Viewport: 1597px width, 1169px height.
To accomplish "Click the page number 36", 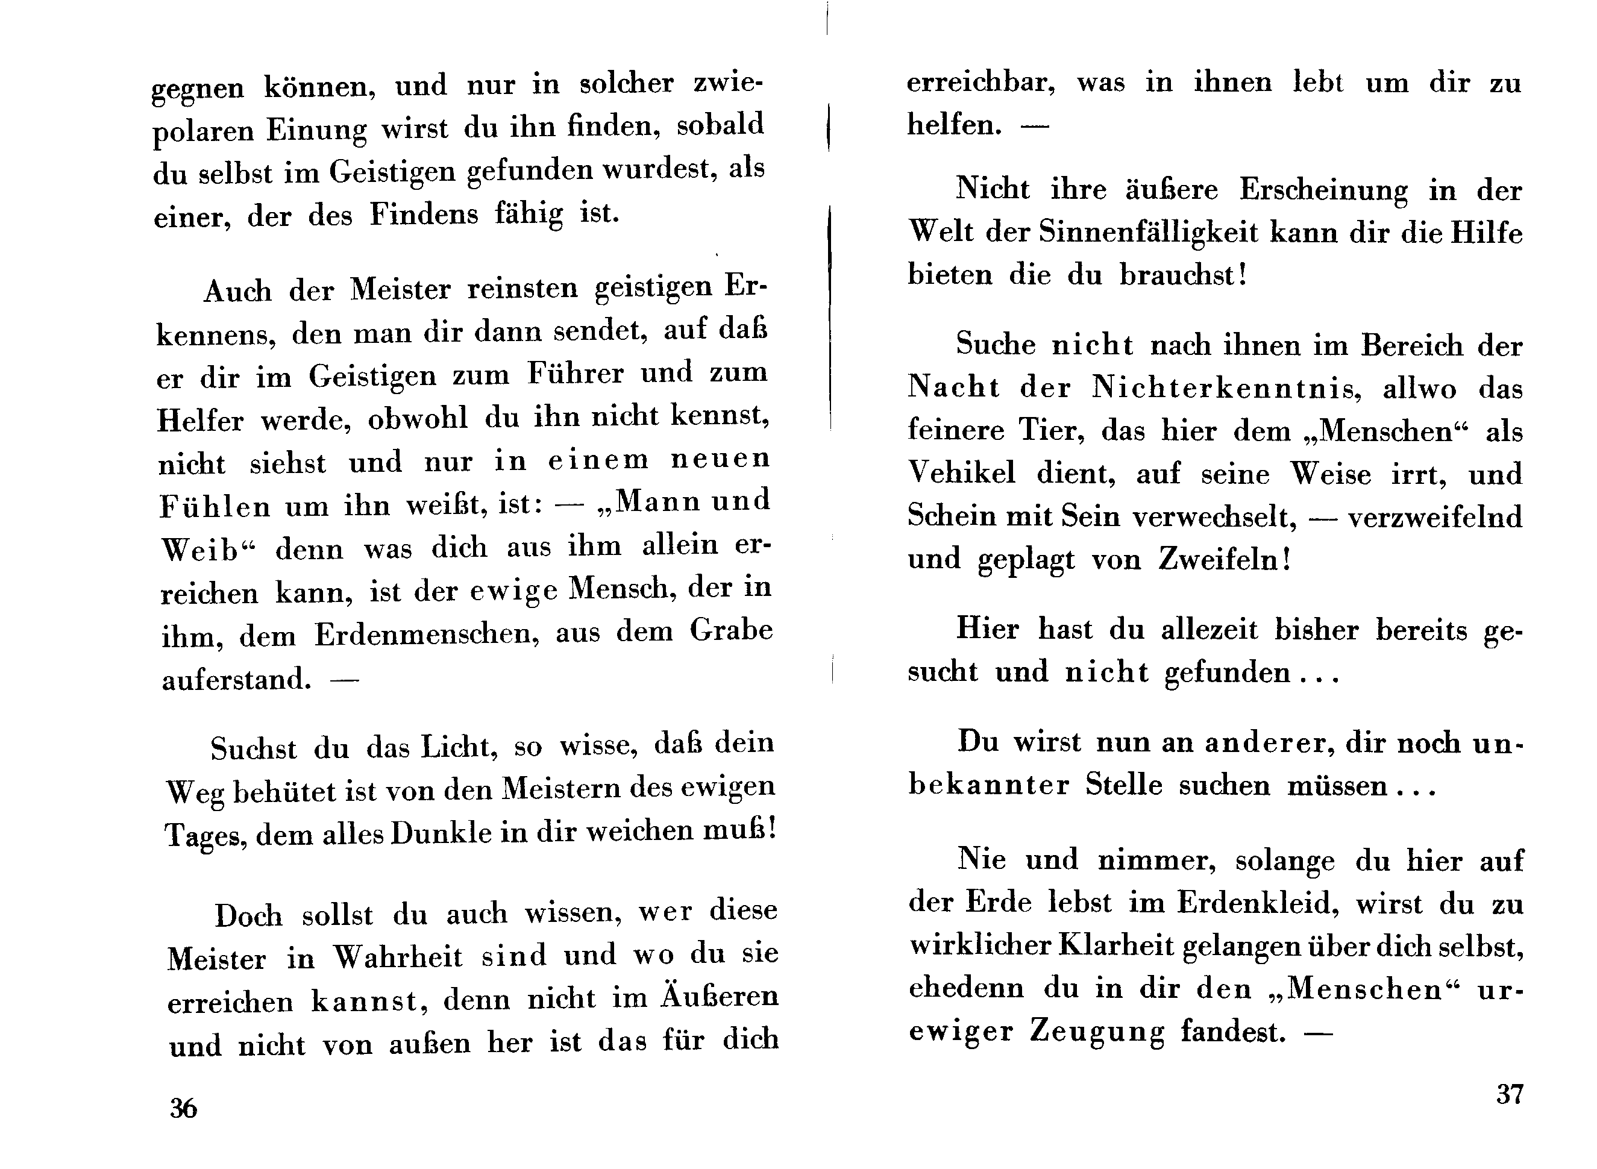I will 183,1108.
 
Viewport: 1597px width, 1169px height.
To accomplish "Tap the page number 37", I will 1509,1094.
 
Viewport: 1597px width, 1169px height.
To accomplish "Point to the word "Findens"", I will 424,214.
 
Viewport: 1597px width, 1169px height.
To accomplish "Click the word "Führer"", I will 574,373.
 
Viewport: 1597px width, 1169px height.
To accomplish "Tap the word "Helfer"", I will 200,421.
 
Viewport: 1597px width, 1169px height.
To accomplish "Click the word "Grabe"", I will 731,629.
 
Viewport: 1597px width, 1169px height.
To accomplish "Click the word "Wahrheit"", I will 398,957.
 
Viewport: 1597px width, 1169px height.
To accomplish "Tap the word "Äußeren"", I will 720,996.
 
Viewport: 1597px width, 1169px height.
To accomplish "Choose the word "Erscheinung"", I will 1323,191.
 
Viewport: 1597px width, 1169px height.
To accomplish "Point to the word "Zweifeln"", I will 1224,559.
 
